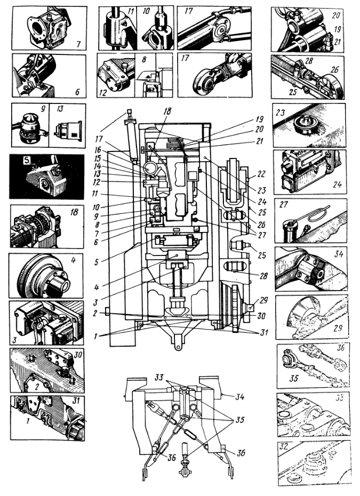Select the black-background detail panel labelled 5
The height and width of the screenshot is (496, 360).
46,177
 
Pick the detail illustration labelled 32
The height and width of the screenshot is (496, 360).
312,462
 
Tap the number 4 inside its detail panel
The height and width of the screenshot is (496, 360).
75,262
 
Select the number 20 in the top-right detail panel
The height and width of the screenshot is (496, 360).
336,15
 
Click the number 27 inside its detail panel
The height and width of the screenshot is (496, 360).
284,204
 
